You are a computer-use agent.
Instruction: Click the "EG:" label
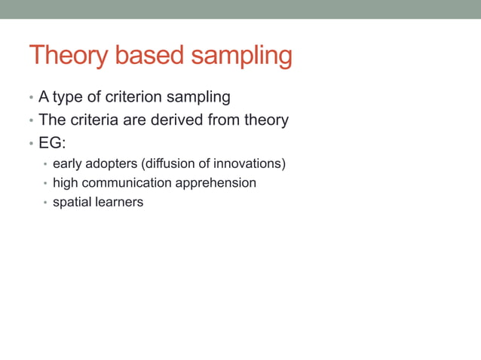(52, 142)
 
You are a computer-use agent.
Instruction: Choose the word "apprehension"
(217, 184)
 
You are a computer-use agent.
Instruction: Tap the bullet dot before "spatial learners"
(45, 203)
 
